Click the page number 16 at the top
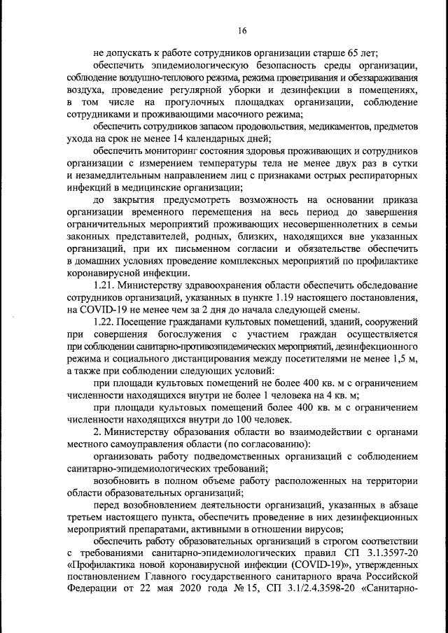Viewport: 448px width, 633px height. pyautogui.click(x=242, y=30)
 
